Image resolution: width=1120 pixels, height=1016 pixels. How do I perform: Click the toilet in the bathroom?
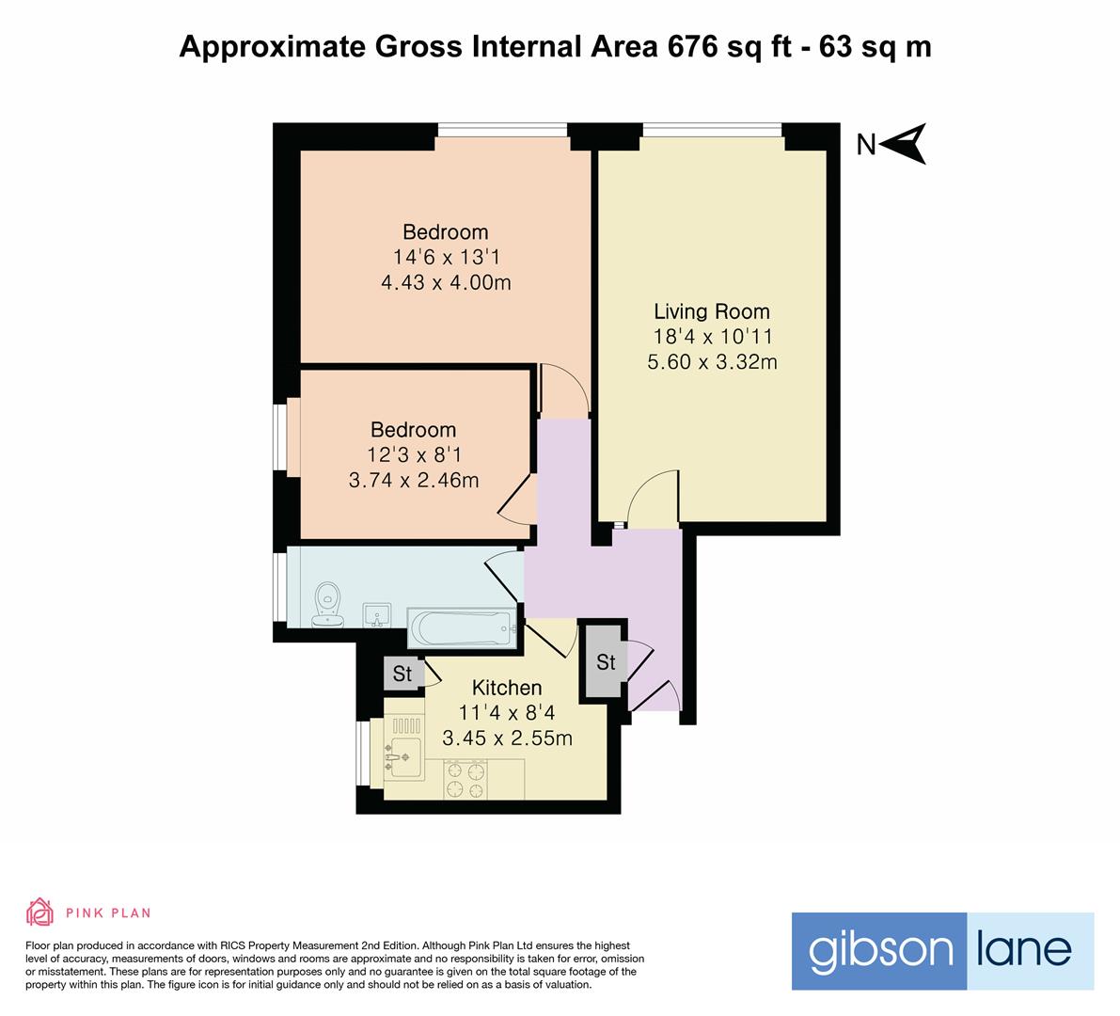point(328,605)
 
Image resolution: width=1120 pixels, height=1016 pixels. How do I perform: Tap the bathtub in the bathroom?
point(462,628)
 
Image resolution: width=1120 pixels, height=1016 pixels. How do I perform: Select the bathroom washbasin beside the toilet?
point(376,615)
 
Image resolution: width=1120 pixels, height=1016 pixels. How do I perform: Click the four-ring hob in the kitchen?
point(465,779)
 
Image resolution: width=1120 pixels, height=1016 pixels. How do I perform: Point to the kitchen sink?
point(402,754)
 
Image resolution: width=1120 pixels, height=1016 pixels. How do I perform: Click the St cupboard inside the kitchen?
point(402,674)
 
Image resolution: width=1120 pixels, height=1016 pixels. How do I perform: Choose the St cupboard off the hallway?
point(606,661)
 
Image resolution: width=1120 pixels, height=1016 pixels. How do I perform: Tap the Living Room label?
point(712,311)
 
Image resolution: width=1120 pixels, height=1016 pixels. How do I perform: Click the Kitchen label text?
point(507,688)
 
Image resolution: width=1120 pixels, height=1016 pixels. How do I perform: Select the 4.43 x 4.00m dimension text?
point(447,282)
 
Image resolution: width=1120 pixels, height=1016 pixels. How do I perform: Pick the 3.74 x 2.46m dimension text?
point(414,480)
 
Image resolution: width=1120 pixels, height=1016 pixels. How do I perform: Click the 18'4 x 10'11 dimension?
point(713,337)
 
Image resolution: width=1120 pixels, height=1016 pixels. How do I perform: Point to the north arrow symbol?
point(905,144)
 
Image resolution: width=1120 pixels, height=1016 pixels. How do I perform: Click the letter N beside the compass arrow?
point(866,145)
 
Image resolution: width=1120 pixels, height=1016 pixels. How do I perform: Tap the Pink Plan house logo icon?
point(40,912)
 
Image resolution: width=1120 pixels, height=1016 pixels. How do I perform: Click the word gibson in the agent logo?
point(880,951)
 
